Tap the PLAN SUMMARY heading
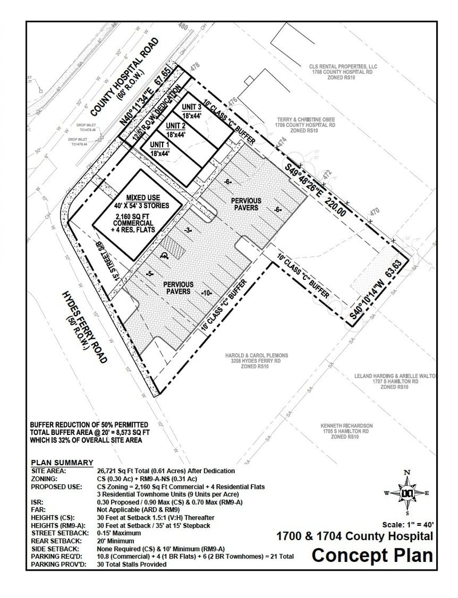[62, 462]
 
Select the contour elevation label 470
[375, 212]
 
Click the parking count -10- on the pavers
[207, 293]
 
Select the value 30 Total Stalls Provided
[132, 564]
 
